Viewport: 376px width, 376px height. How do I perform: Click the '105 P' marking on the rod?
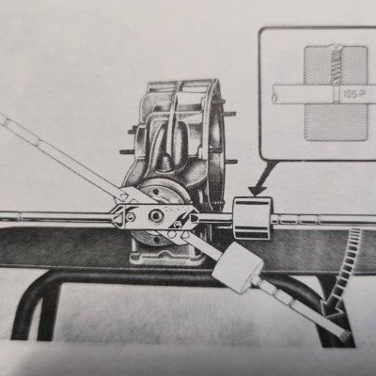pyautogui.click(x=353, y=94)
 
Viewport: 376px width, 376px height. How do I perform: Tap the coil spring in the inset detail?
pyautogui.click(x=336, y=67)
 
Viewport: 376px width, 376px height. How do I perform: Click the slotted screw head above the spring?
pyautogui.click(x=336, y=50)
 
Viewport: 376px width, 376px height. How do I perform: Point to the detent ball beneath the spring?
pyautogui.click(x=336, y=83)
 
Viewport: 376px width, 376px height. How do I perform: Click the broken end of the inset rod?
pyautogui.click(x=274, y=94)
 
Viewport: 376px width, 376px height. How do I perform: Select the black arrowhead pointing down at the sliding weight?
pyautogui.click(x=257, y=191)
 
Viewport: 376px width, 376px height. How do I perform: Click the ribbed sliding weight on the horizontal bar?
pyautogui.click(x=252, y=219)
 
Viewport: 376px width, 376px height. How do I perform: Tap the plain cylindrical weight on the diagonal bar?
pyautogui.click(x=238, y=267)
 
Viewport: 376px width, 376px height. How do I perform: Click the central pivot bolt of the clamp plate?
pyautogui.click(x=155, y=216)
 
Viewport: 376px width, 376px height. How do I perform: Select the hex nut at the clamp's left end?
pyautogui.click(x=130, y=216)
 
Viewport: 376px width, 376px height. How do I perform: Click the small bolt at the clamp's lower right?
pyautogui.click(x=178, y=224)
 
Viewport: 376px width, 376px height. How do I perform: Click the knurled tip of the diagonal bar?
pyautogui.click(x=347, y=337)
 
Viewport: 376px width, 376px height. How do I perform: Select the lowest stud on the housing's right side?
pyautogui.click(x=230, y=162)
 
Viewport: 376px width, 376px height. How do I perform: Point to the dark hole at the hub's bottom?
pyautogui.click(x=156, y=240)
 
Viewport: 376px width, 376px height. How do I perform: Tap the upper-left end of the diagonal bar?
pyautogui.click(x=4, y=119)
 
